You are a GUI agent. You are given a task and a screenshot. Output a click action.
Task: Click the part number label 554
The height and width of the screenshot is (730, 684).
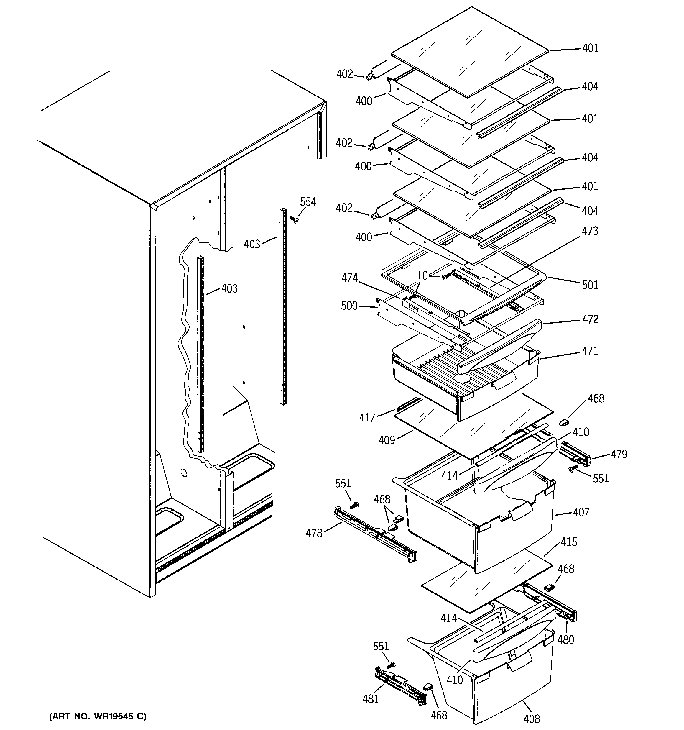[308, 201]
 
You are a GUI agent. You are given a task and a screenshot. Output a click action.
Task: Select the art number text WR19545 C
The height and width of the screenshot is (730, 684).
[98, 716]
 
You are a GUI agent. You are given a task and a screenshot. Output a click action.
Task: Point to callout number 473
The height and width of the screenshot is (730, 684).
[590, 231]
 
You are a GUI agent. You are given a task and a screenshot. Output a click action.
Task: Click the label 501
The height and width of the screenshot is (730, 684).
[590, 285]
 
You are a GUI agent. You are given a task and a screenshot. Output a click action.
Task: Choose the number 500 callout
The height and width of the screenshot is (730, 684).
[349, 306]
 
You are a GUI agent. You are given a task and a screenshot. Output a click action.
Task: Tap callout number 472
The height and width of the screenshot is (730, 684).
[590, 319]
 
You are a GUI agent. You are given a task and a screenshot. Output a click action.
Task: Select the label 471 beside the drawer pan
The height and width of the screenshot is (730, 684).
[590, 351]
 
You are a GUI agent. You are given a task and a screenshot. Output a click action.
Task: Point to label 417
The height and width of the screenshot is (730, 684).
[367, 418]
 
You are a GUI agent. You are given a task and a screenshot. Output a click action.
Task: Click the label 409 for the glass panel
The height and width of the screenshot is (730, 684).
[387, 440]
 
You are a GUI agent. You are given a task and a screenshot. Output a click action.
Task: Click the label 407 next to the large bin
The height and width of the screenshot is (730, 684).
[581, 512]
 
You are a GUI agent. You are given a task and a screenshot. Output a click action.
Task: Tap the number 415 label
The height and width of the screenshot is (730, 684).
[569, 542]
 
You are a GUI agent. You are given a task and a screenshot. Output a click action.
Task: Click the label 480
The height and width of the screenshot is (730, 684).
[566, 640]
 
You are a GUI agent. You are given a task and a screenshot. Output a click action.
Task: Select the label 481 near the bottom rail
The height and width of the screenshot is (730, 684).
[371, 699]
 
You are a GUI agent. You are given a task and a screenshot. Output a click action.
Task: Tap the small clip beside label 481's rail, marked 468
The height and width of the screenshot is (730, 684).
[428, 685]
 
